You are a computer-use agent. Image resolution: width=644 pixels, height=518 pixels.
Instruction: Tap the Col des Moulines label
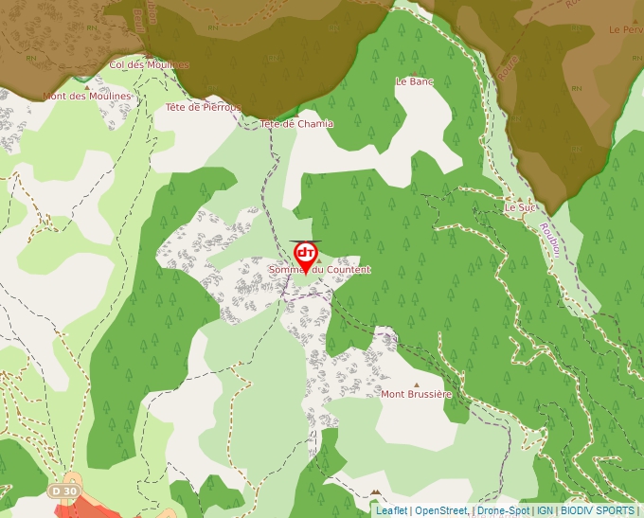[150, 64]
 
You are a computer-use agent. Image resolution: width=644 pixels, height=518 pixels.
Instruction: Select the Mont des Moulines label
[86, 96]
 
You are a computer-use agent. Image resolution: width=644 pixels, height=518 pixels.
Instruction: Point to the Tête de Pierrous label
[204, 107]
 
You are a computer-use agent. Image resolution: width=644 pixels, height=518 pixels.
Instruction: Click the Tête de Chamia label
[296, 123]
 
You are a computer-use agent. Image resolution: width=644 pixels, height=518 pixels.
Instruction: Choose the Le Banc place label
[414, 81]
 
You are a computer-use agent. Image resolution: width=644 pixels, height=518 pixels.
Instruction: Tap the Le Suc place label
[520, 206]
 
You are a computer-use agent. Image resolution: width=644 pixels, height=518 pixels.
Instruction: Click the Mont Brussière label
[417, 393]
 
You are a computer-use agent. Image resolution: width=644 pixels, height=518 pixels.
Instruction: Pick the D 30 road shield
[63, 491]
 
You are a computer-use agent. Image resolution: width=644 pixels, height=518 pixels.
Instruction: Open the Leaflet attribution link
[391, 510]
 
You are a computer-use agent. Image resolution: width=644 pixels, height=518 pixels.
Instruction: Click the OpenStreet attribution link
[441, 510]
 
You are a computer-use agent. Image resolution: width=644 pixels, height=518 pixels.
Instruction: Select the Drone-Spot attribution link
[503, 510]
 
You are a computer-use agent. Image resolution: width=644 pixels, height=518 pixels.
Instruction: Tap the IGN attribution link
[545, 510]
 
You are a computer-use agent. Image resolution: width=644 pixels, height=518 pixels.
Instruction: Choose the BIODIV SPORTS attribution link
[598, 510]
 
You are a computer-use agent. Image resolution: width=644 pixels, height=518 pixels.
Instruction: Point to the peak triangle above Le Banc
[414, 70]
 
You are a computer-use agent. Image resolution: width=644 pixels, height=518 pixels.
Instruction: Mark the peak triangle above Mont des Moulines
[86, 85]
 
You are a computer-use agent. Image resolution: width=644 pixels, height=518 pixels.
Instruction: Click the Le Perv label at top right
[626, 29]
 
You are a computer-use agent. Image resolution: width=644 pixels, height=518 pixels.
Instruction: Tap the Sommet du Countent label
[319, 270]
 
